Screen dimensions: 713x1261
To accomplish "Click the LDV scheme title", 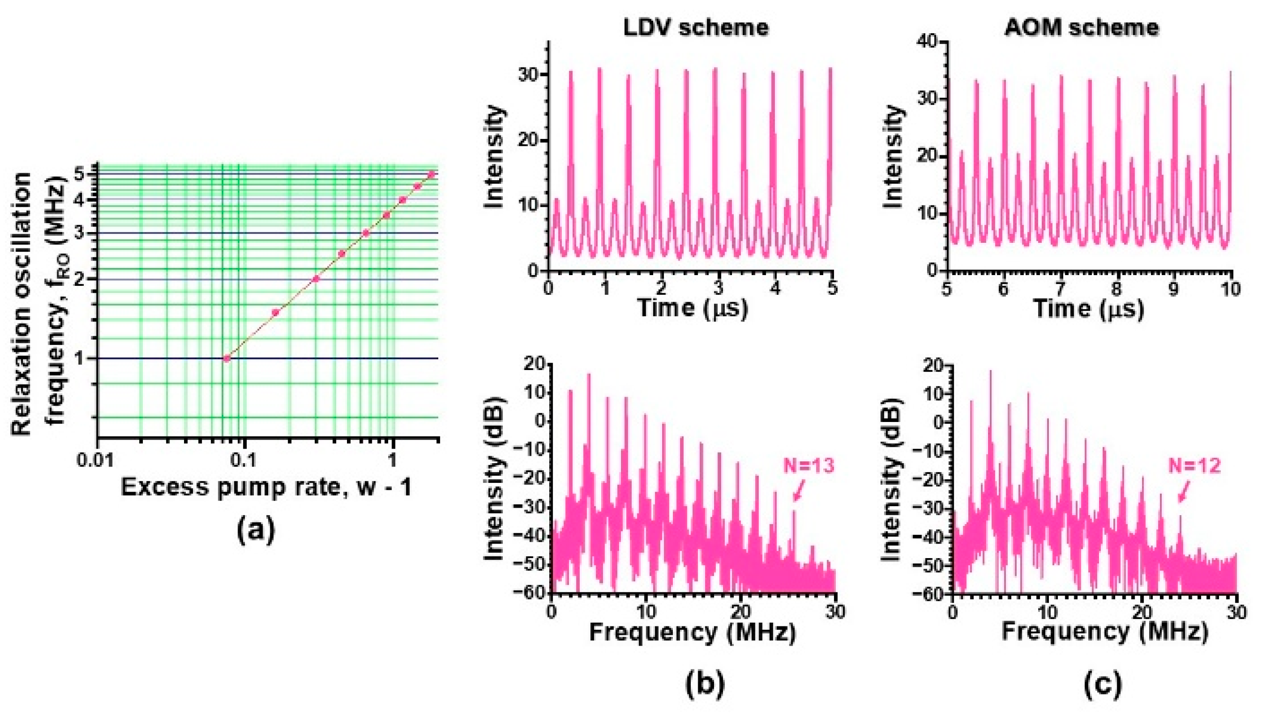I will point(695,28).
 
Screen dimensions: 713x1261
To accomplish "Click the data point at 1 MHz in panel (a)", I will point(227,358).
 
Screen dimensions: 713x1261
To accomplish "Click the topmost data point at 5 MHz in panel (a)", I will point(431,174).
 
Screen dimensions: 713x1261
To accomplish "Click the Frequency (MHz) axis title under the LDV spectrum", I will point(692,632).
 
